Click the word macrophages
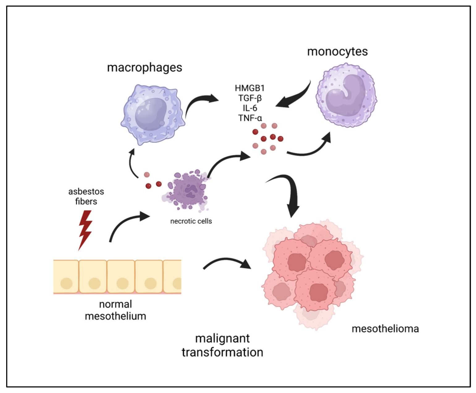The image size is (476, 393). click(145, 67)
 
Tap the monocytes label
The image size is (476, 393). click(337, 51)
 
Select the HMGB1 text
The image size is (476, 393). click(250, 88)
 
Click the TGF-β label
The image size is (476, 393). click(250, 98)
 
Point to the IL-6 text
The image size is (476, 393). click(250, 108)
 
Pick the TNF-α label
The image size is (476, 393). click(250, 118)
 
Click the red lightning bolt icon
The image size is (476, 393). click(86, 230)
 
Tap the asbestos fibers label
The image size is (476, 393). click(86, 196)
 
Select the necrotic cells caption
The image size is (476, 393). click(191, 221)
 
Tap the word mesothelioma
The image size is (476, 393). click(385, 329)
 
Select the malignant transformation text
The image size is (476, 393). click(222, 345)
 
